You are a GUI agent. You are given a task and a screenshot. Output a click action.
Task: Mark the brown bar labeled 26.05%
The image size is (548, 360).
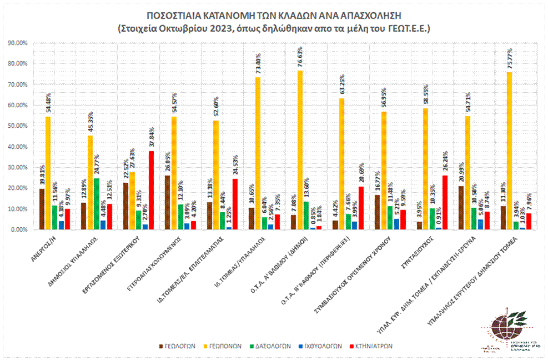click(x=168, y=202)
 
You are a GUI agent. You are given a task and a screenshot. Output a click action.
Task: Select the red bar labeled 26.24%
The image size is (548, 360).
click(x=445, y=202)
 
